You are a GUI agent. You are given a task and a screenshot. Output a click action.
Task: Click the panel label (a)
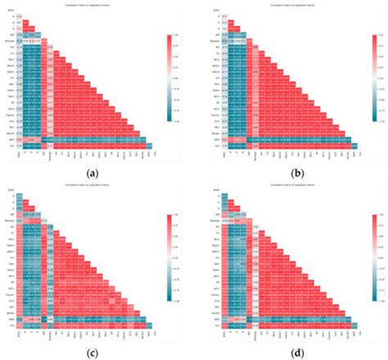(x=97, y=173)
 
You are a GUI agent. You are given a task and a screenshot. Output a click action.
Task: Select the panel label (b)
(x=289, y=173)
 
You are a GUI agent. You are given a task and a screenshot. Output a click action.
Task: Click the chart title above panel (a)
(x=86, y=6)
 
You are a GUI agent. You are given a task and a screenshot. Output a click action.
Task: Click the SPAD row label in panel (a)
(x=10, y=11)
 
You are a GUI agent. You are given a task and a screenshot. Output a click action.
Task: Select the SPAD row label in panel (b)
(x=204, y=11)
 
